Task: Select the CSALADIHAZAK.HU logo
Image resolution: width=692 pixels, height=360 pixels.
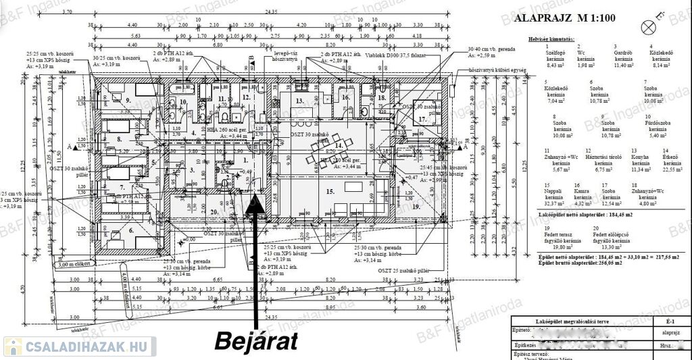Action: point(79,346)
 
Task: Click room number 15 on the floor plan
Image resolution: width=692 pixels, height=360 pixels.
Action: point(330,191)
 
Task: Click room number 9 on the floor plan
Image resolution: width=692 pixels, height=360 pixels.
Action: point(126,101)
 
